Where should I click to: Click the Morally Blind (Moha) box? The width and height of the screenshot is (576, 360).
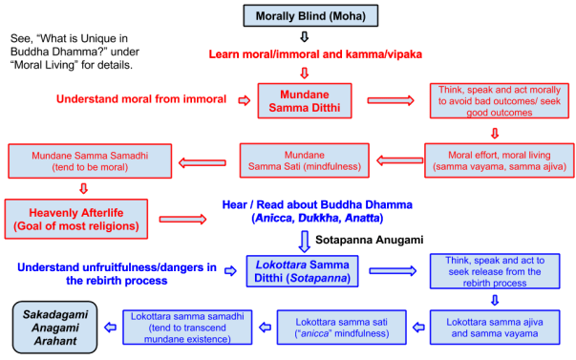coord(304,16)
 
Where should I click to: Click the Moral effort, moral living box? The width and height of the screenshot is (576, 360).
coord(495,159)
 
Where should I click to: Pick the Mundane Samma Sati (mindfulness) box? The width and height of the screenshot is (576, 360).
coord(304,159)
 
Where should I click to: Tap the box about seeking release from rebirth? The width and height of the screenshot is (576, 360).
coord(495,271)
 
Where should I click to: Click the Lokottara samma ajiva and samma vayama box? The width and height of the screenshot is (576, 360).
coord(495,325)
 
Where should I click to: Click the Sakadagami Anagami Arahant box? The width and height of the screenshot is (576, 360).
coord(53,325)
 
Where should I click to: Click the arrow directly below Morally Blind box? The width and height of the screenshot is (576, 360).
coord(304,36)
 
